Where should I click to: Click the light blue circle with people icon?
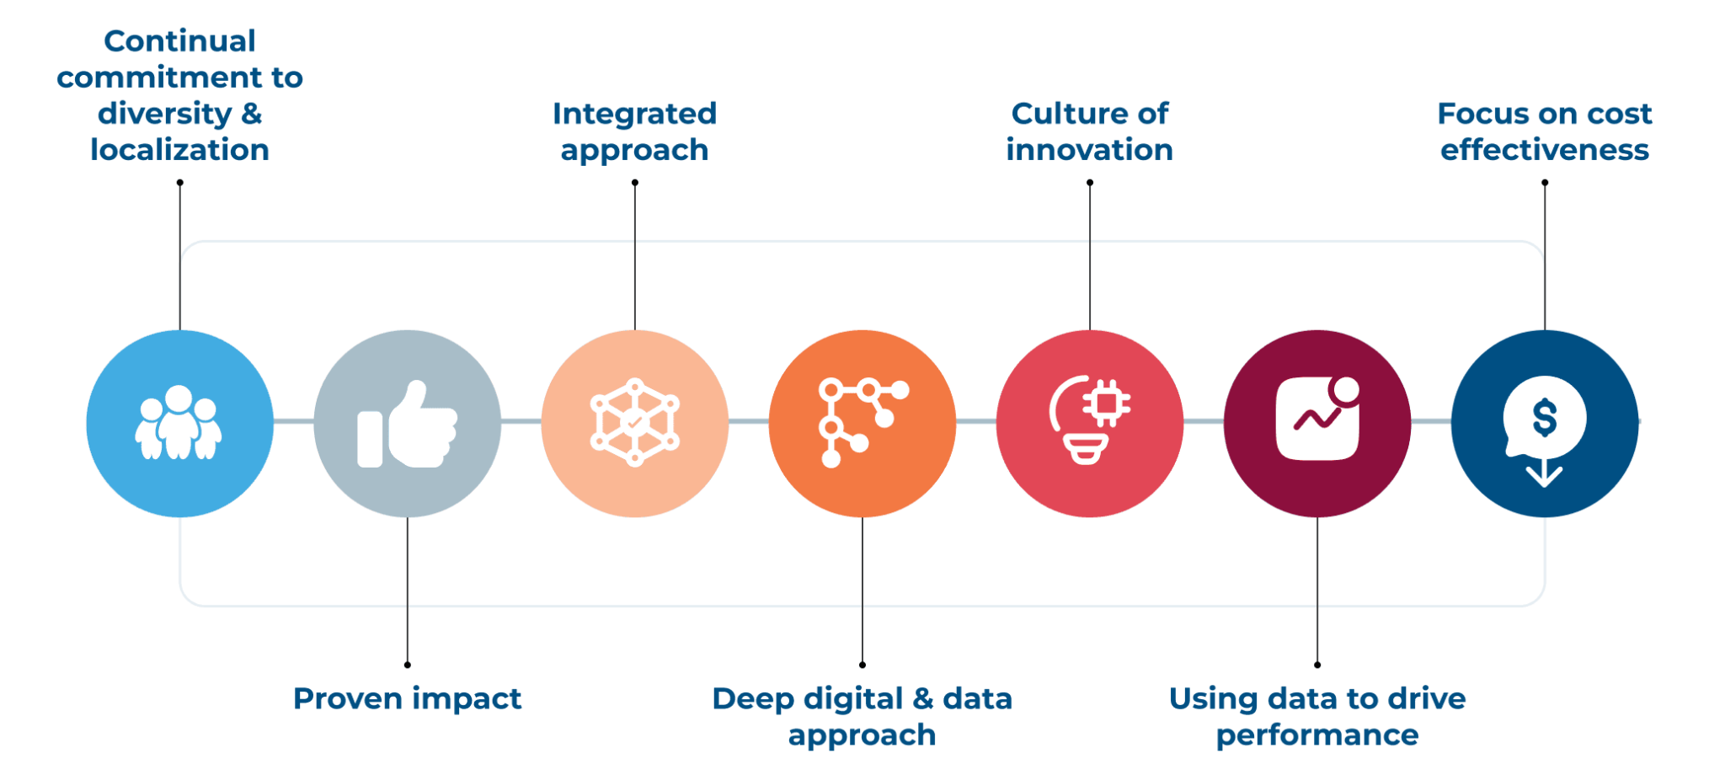coord(179,423)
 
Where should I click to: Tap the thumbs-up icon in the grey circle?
coord(408,424)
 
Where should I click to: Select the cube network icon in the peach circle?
coord(635,422)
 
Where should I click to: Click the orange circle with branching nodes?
coord(862,423)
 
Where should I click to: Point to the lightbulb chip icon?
coord(1089,420)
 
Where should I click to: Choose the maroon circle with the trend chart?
coord(1317,423)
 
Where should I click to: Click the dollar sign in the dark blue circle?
coord(1545,418)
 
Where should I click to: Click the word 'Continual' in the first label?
coord(179,40)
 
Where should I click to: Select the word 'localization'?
coord(179,150)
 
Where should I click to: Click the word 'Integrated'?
coord(634,114)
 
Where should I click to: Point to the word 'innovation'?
coord(1089,150)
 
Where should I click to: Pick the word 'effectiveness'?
coord(1545,150)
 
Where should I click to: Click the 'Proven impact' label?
coord(408,699)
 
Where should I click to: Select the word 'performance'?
coord(1317,735)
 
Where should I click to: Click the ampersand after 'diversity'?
coord(252,114)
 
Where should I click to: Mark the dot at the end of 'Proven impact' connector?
coord(408,665)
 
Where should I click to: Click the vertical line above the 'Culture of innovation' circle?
coord(1090,256)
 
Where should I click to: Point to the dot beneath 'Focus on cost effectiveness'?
coord(1545,183)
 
